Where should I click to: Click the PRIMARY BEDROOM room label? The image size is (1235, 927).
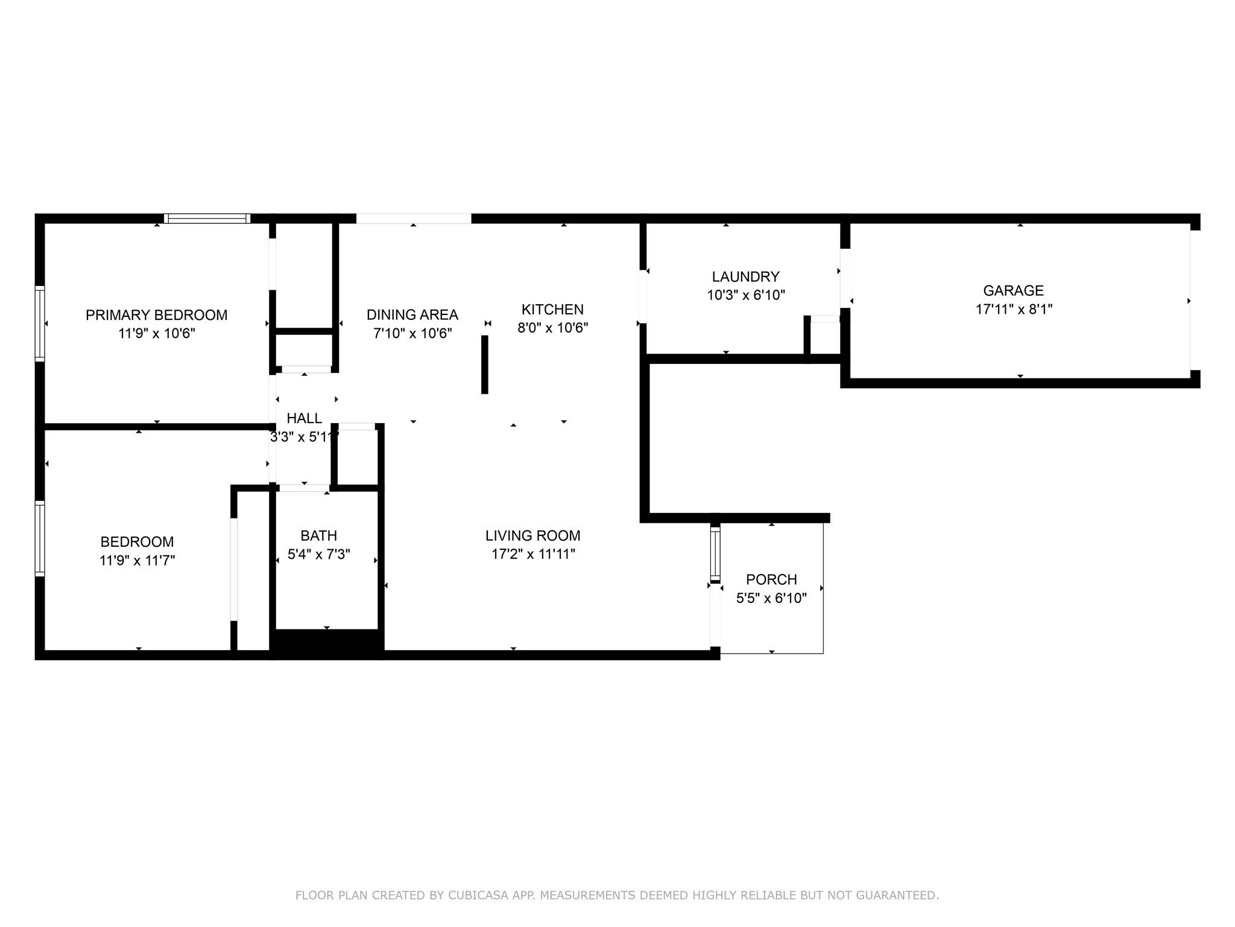click(156, 314)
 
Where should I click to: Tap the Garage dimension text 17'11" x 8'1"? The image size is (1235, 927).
click(1014, 309)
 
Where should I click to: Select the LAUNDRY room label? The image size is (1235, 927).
click(745, 276)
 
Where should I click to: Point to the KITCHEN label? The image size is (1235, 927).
click(552, 309)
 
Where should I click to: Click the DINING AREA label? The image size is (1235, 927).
click(412, 314)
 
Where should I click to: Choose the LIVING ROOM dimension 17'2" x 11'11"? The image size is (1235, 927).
click(533, 554)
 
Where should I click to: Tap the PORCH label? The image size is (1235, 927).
click(771, 579)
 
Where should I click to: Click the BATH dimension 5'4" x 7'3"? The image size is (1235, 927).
click(318, 554)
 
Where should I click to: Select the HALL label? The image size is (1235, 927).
click(304, 418)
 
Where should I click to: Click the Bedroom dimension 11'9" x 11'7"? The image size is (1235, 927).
click(137, 560)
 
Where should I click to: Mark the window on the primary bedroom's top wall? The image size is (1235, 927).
click(207, 218)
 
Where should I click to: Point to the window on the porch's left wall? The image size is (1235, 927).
click(715, 553)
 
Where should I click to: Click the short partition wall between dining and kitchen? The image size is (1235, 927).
click(484, 365)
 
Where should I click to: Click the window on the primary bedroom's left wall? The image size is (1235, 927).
click(40, 323)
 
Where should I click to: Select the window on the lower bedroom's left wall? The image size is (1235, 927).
click(40, 538)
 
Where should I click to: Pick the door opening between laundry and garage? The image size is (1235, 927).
click(845, 278)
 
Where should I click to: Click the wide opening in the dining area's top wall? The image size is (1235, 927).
click(414, 218)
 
